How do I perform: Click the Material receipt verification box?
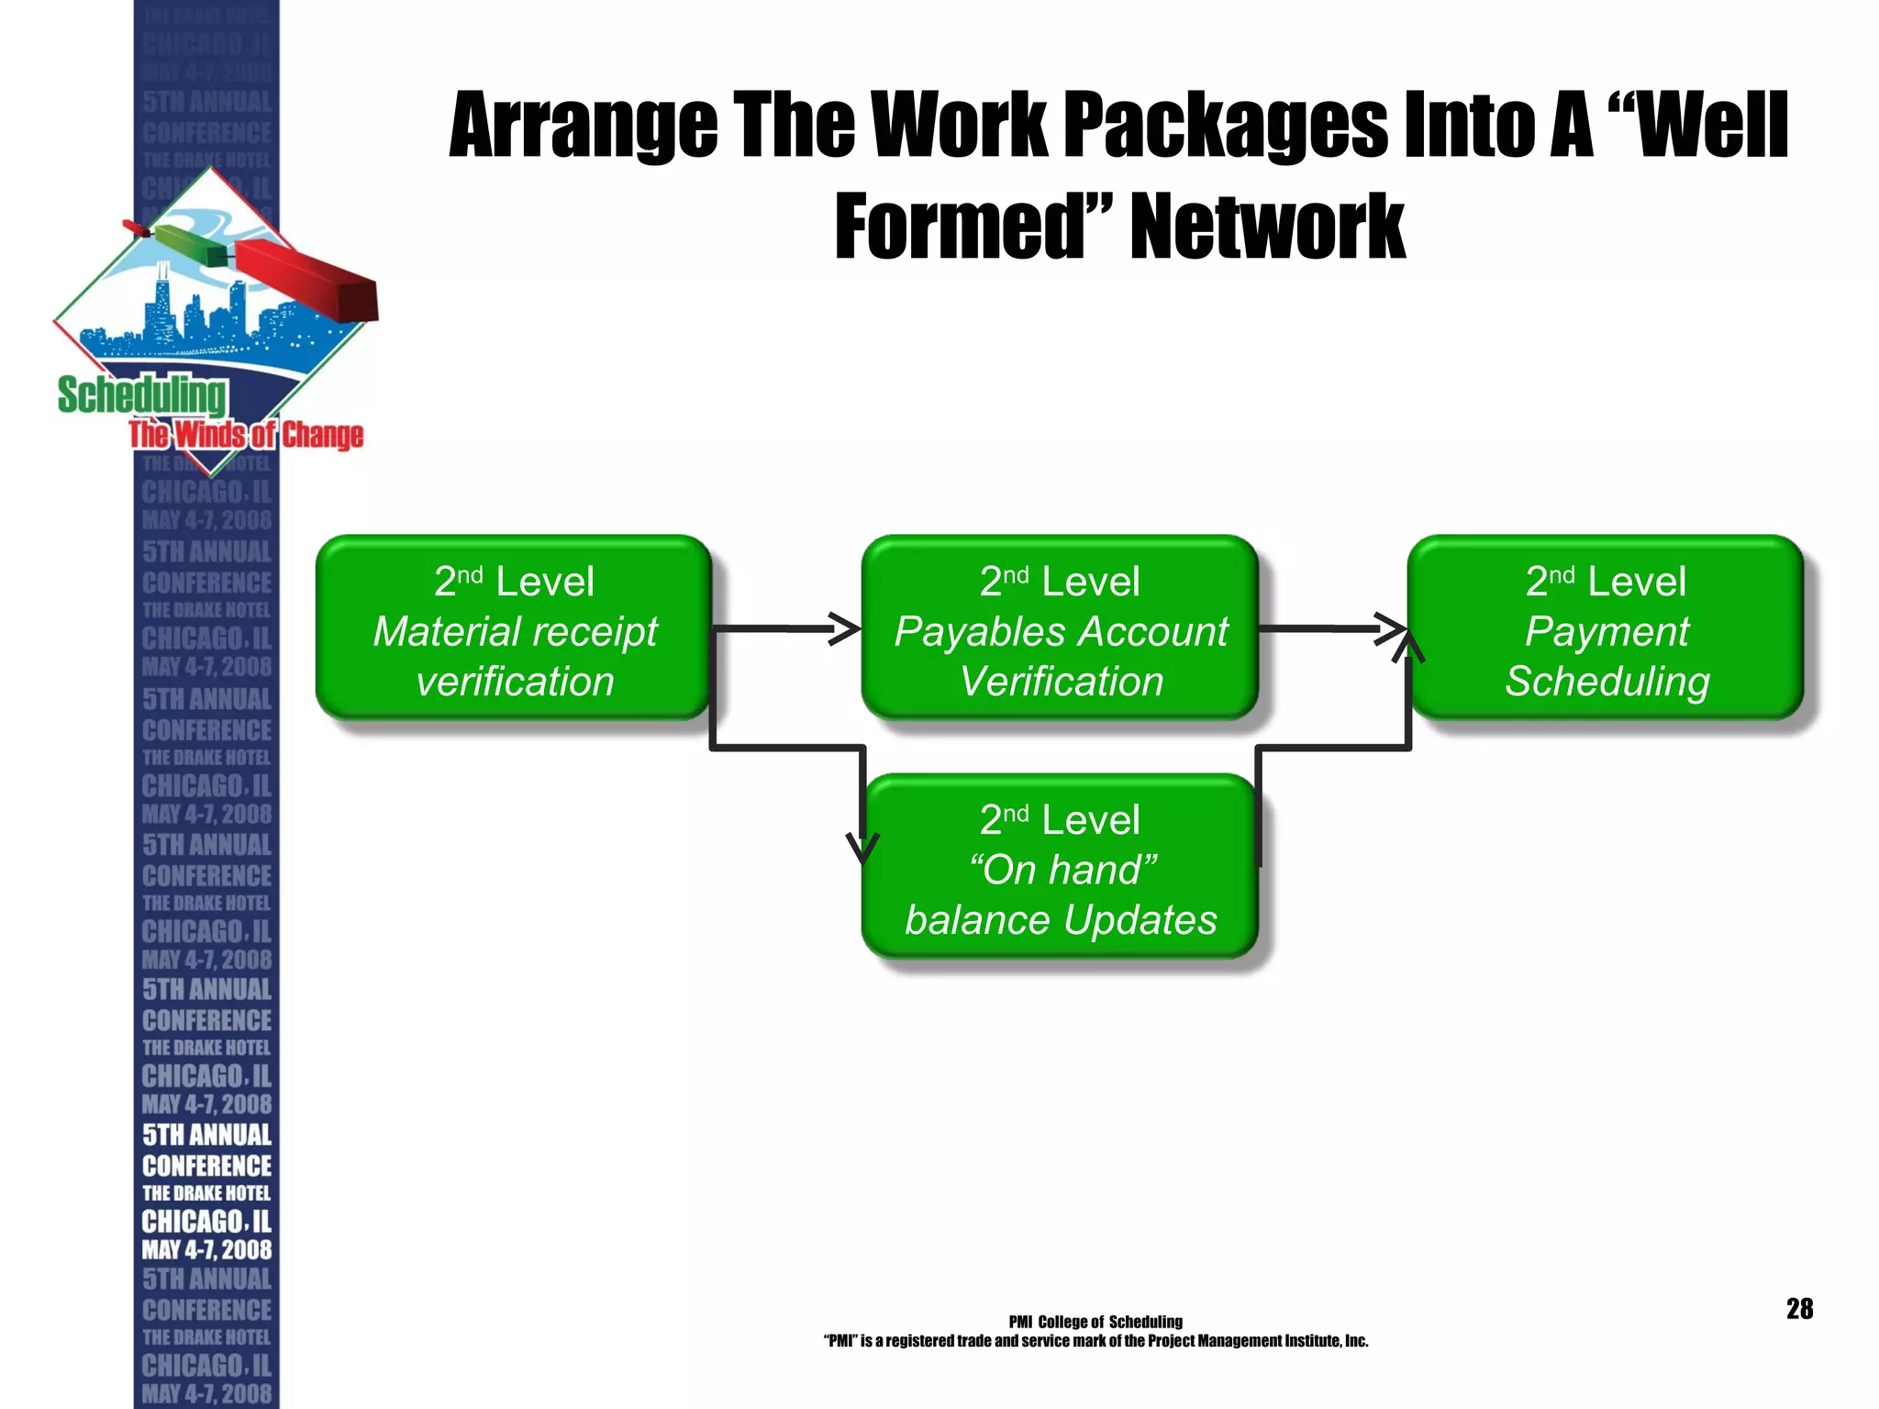point(514,627)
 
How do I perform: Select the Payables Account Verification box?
point(1060,627)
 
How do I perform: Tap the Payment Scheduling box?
point(1606,627)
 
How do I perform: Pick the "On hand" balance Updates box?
point(1060,866)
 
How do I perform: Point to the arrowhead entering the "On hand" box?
point(862,849)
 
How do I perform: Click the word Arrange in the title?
point(584,127)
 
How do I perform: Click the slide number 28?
point(1799,1308)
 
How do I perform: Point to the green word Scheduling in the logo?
point(142,395)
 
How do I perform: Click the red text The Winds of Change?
point(246,435)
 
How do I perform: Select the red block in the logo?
point(307,279)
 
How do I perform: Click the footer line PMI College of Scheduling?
point(1095,1322)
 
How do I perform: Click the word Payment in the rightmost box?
point(1607,631)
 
